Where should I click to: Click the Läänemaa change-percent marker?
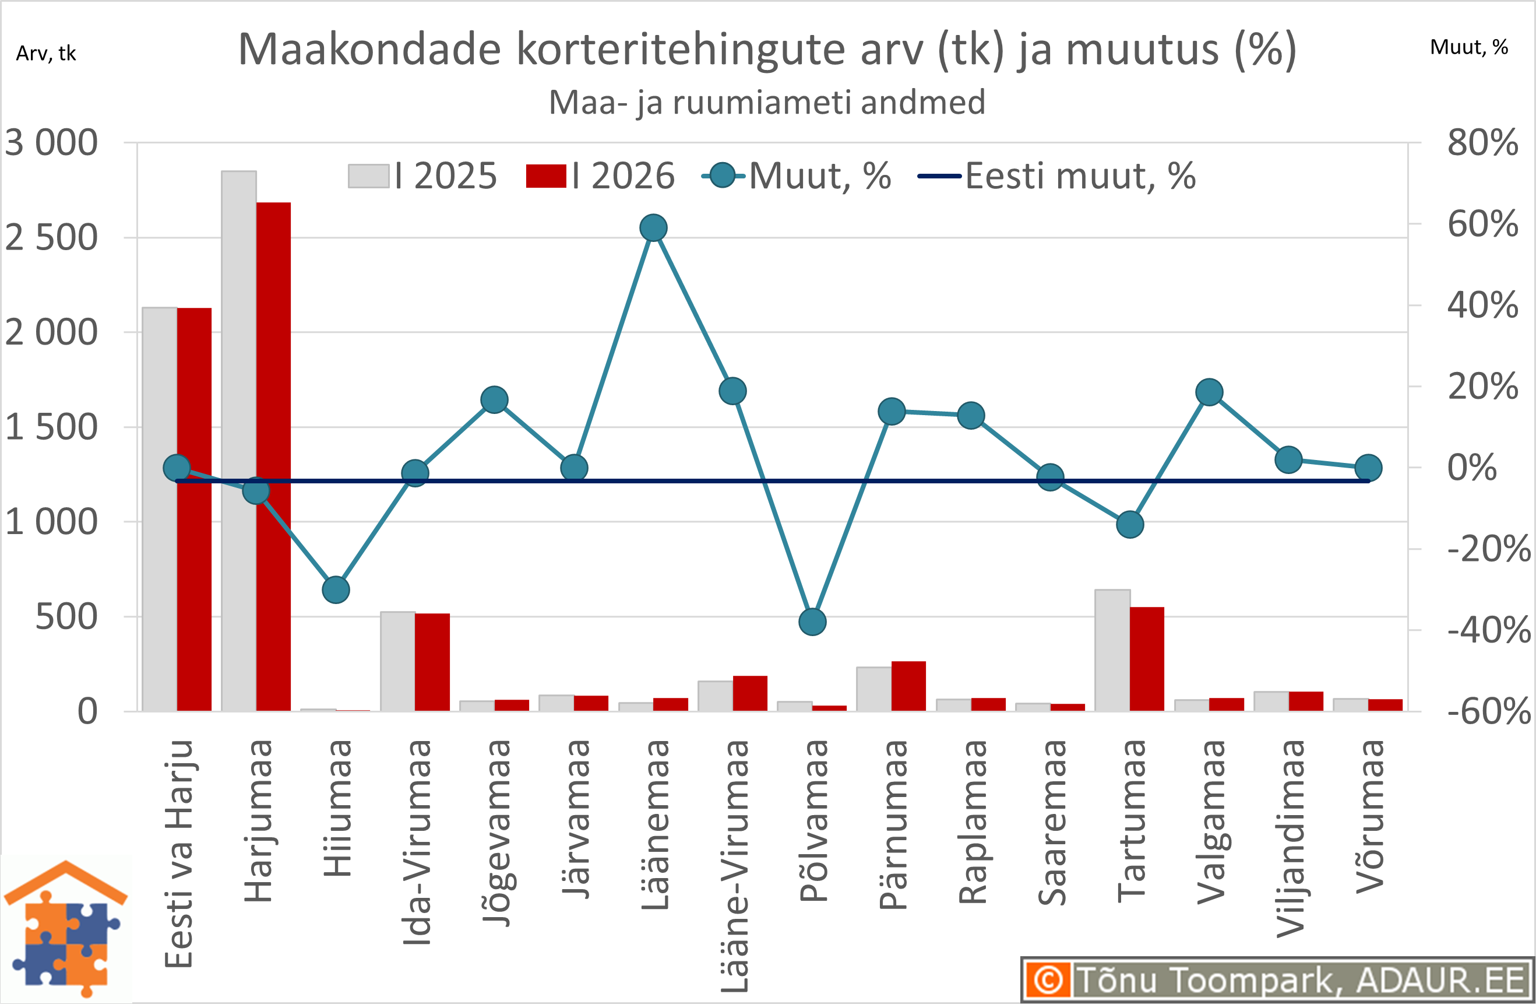point(653,228)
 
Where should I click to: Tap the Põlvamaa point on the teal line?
point(812,622)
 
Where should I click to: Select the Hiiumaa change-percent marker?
point(336,589)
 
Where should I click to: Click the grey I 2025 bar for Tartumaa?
point(1112,652)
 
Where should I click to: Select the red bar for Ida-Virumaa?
point(432,662)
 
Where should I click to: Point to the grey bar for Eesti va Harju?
point(160,510)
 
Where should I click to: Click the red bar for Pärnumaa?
point(908,686)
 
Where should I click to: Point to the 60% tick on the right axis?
point(1482,224)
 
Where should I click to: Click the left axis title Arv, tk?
point(46,53)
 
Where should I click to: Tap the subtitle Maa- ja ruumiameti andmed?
point(767,102)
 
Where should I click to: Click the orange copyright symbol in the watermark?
point(1048,980)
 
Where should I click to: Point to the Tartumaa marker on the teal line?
point(1130,524)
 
